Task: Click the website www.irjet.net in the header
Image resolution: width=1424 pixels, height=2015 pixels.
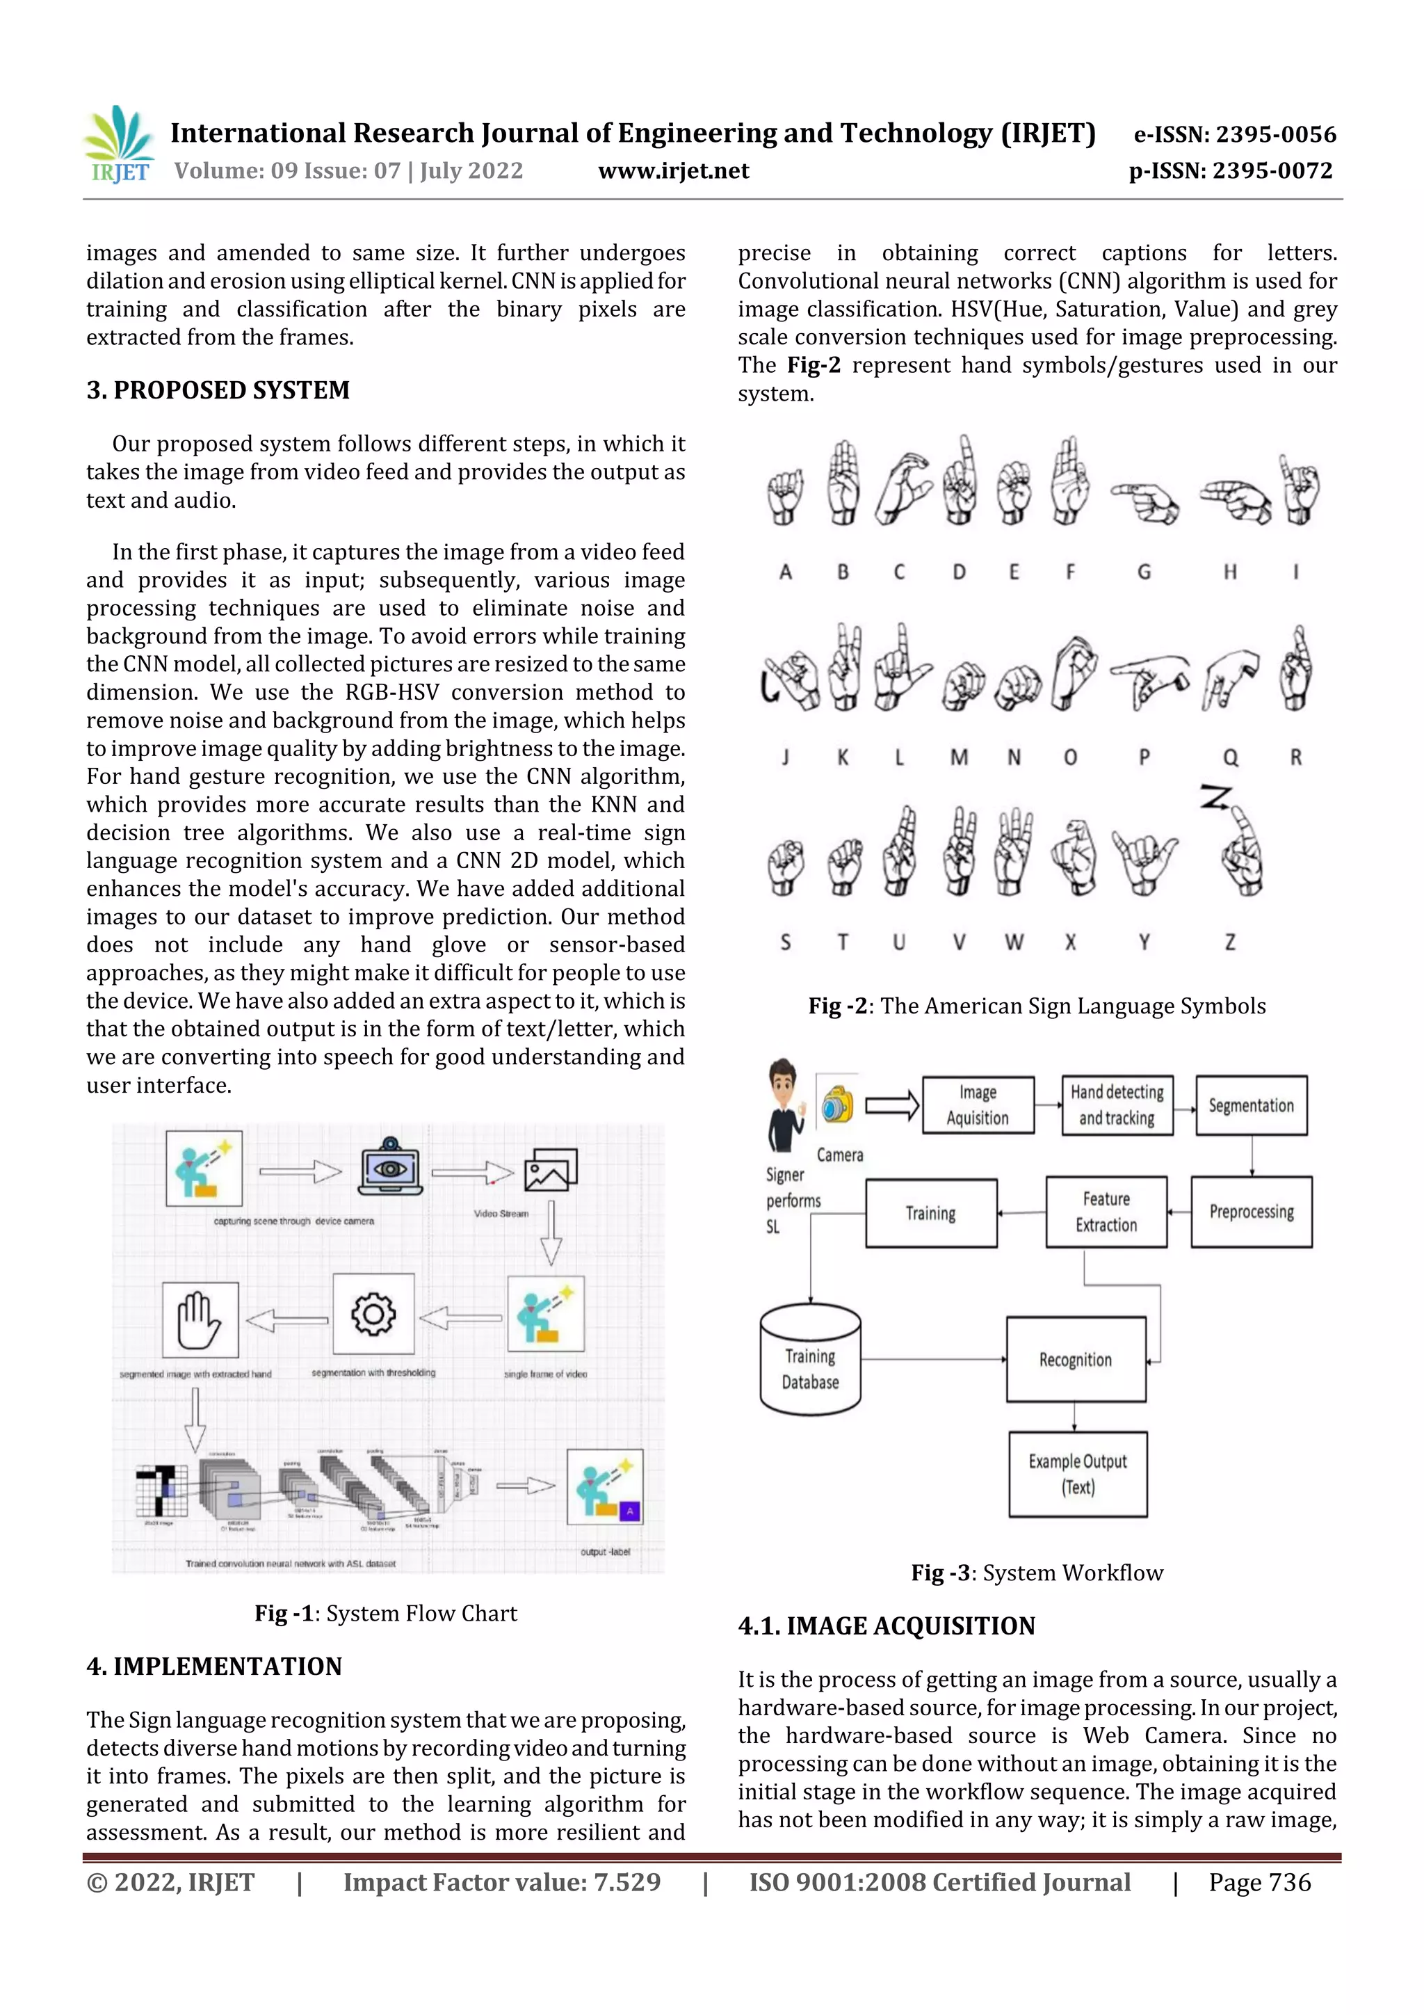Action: coord(673,171)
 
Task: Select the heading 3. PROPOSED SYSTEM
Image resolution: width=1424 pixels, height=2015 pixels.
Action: coord(218,390)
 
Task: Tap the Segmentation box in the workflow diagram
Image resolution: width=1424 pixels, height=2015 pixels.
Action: coord(1250,1106)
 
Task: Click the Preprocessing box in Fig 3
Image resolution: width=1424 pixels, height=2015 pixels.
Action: coord(1250,1212)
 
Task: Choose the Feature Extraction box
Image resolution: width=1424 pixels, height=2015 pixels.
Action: coord(1106,1212)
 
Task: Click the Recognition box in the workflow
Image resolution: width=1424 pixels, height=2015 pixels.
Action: coord(1075,1359)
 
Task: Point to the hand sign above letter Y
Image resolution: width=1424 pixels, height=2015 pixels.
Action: coord(1143,860)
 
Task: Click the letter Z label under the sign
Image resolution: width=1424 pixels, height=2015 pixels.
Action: coord(1229,942)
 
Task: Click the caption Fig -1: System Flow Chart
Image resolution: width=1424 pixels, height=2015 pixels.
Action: coord(385,1613)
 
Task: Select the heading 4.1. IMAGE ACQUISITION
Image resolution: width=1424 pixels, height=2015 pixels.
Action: coord(886,1626)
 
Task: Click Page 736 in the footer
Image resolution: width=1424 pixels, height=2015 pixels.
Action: coord(1259,1882)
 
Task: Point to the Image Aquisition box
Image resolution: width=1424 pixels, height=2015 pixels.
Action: coord(978,1105)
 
